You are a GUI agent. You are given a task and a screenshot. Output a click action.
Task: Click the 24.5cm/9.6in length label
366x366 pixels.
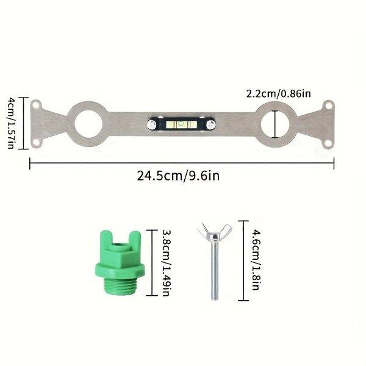coord(178,176)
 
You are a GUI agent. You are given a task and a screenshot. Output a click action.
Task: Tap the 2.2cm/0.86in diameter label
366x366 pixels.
coord(279,94)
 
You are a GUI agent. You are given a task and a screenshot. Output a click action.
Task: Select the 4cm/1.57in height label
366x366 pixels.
coord(11,123)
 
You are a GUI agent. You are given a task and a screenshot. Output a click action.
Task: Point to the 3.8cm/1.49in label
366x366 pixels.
coord(168,263)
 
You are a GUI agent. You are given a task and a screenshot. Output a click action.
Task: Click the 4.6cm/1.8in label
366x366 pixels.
coord(256,260)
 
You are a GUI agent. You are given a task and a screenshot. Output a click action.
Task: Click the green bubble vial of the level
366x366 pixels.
coord(181,124)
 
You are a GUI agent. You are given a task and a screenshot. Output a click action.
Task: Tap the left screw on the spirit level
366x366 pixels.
coord(152,125)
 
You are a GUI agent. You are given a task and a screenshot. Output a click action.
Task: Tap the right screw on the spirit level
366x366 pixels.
coord(211,125)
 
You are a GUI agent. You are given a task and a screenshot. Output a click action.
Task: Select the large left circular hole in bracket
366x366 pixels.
coord(88,124)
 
